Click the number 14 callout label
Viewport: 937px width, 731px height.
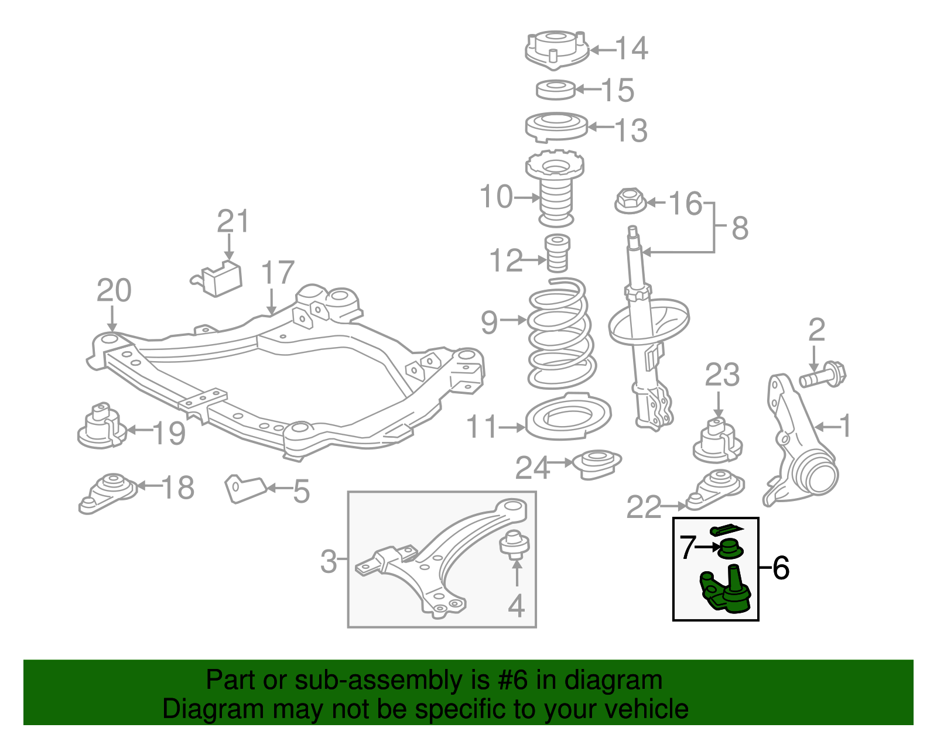coord(632,49)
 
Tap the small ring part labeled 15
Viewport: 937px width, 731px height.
coord(556,90)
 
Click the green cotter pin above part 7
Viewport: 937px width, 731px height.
coord(726,530)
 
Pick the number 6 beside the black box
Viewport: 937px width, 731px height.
coord(781,568)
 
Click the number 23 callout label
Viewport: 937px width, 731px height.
coord(721,376)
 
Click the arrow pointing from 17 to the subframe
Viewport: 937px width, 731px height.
coord(271,301)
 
